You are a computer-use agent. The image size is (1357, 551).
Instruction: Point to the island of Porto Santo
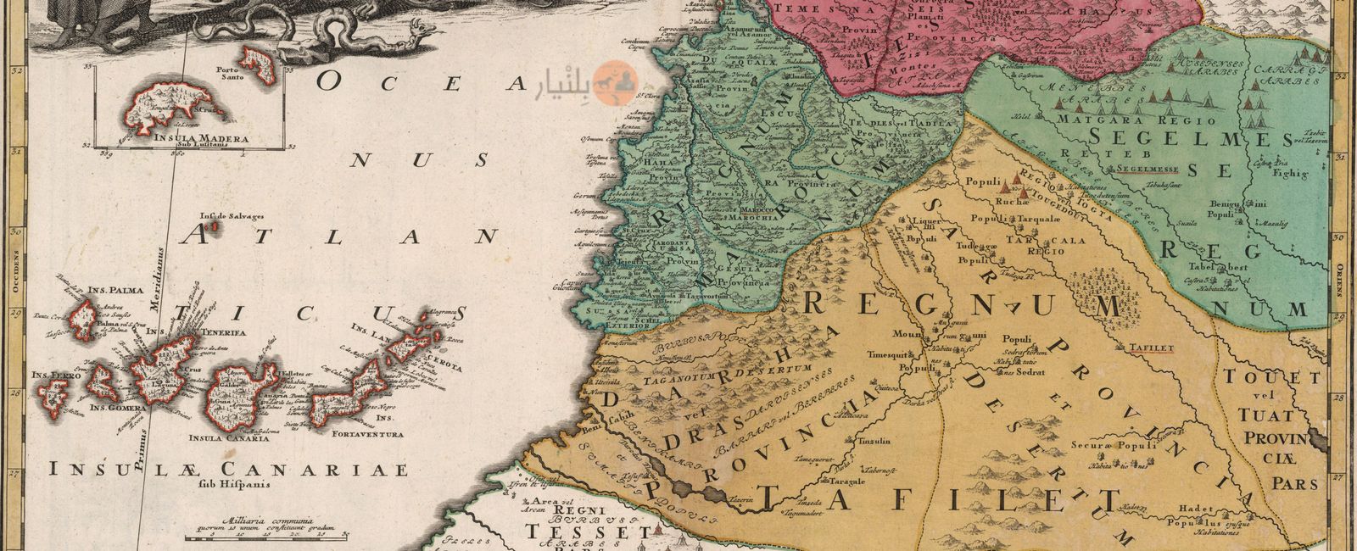252,58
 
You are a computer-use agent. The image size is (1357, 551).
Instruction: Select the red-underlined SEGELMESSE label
1148,168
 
